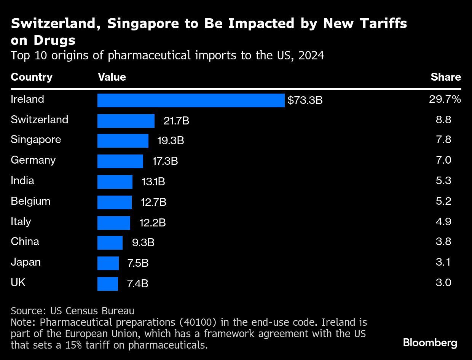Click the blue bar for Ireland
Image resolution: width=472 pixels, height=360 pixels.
[191, 100]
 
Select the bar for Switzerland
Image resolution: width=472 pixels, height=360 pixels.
[126, 121]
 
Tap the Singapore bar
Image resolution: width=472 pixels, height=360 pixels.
[123, 141]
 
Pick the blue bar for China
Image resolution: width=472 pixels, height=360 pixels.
[110, 242]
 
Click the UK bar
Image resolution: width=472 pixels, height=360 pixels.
[108, 284]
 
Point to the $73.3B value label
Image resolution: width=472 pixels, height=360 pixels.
[305, 100]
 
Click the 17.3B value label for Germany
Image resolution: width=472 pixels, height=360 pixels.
[165, 161]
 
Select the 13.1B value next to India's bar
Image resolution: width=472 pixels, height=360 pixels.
[153, 182]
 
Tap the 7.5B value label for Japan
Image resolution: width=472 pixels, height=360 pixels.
[137, 263]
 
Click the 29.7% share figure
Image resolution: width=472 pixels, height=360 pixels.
[445, 99]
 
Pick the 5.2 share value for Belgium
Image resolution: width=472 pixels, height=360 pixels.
[443, 201]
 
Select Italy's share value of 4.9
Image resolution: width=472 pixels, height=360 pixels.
[443, 222]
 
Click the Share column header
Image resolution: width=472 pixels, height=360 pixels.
[446, 77]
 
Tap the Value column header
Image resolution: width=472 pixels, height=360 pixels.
[112, 77]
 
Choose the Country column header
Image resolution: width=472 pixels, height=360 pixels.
[32, 77]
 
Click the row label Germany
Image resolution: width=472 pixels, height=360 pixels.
[33, 160]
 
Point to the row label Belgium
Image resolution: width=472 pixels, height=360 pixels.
[30, 201]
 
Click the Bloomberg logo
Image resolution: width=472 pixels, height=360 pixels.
[430, 343]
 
